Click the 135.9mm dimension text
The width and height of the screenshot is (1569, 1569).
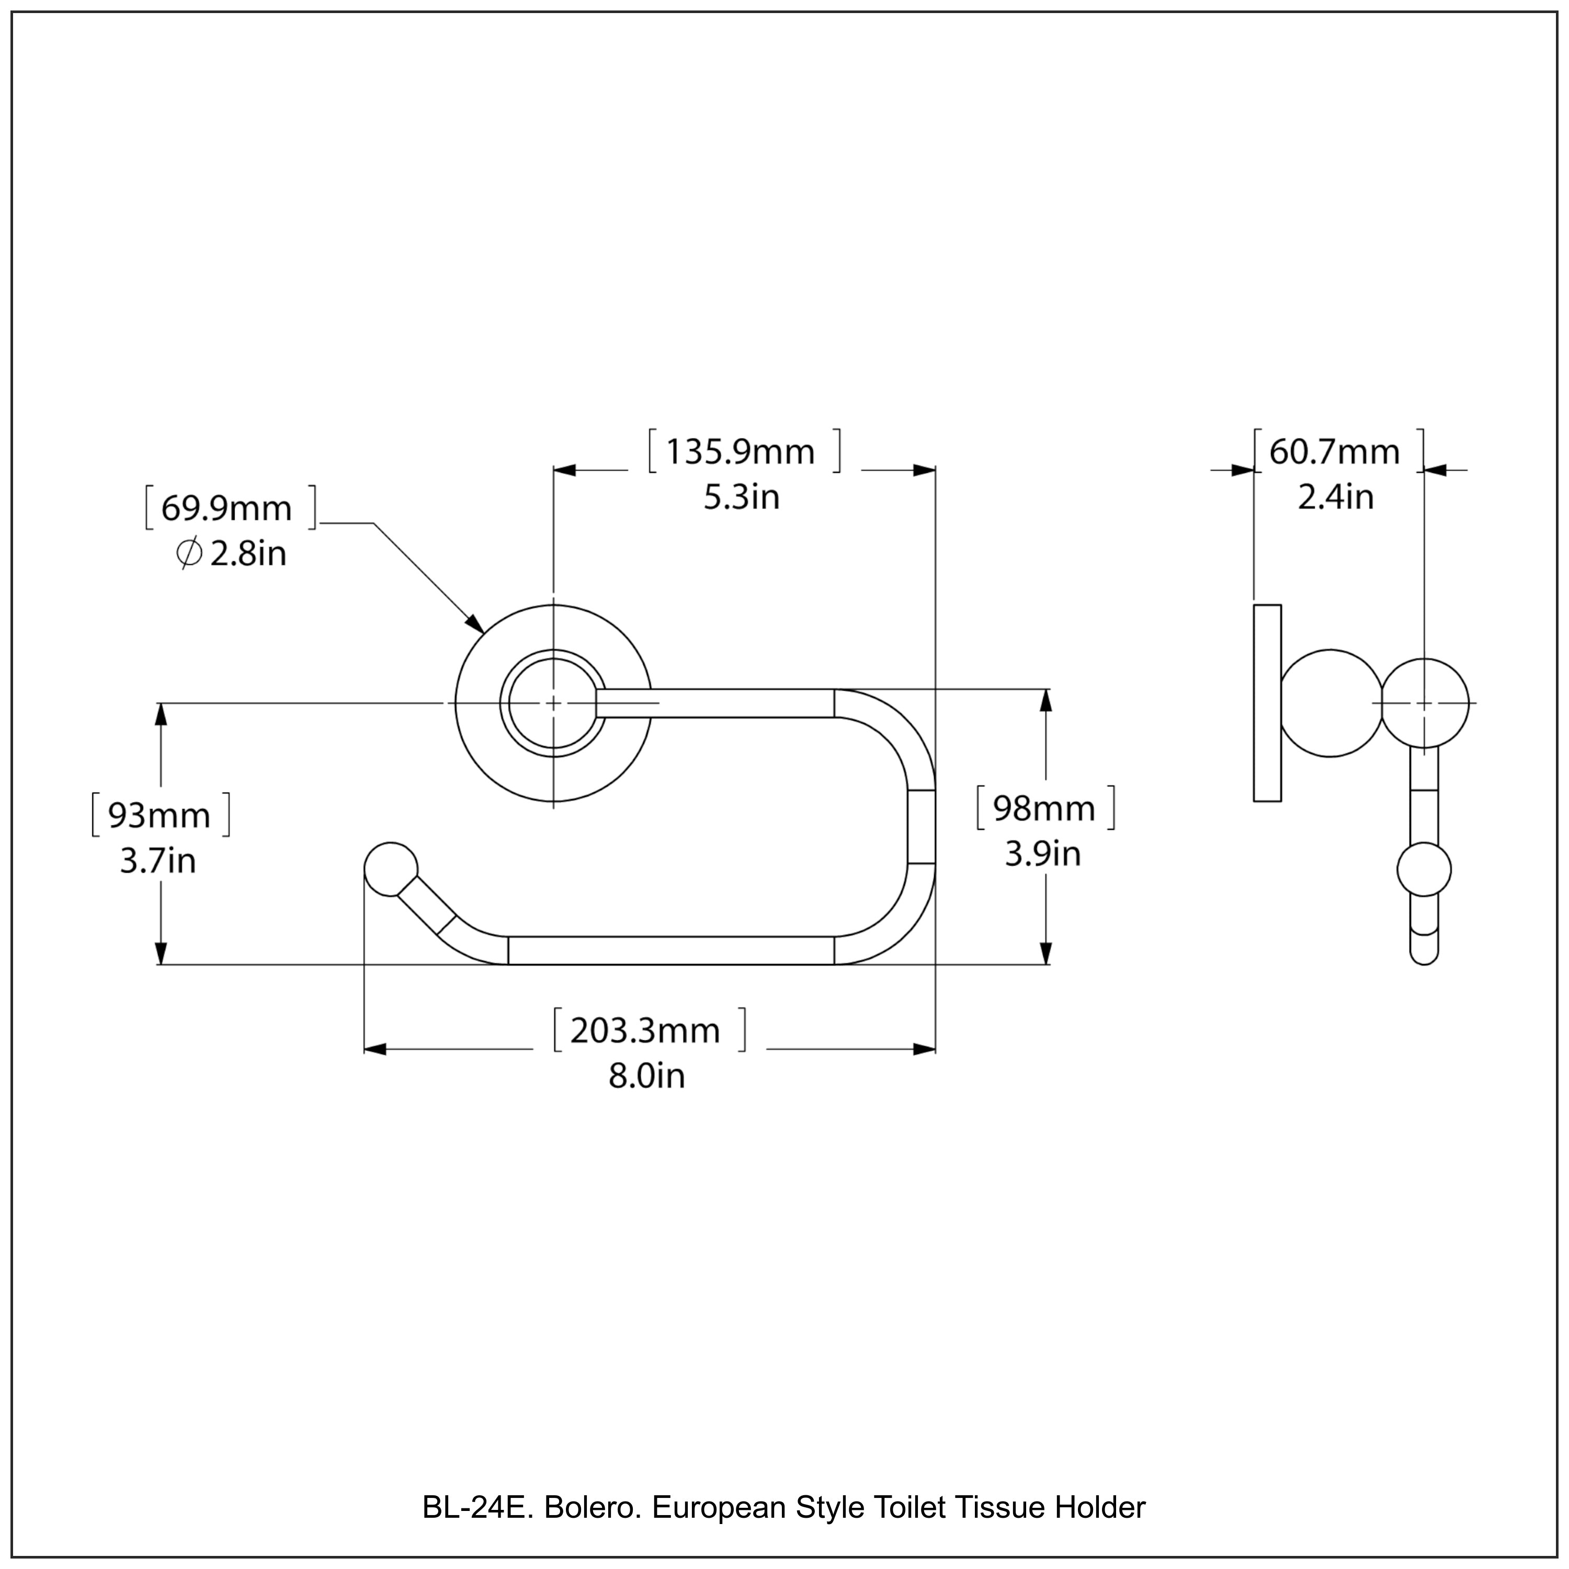740,452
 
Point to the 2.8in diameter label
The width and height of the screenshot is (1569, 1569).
248,555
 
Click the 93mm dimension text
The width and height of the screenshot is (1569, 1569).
159,815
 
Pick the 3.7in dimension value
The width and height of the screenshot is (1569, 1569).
158,861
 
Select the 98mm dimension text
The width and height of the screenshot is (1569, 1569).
1043,809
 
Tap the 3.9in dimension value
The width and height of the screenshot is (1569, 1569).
1043,855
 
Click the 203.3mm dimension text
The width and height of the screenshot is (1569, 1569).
645,1030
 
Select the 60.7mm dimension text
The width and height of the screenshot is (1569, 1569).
1334,452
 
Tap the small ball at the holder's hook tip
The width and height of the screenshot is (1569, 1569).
391,869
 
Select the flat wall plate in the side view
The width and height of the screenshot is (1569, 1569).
1267,703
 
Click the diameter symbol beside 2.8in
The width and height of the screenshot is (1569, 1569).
188,555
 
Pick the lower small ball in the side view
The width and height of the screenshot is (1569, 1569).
1424,870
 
